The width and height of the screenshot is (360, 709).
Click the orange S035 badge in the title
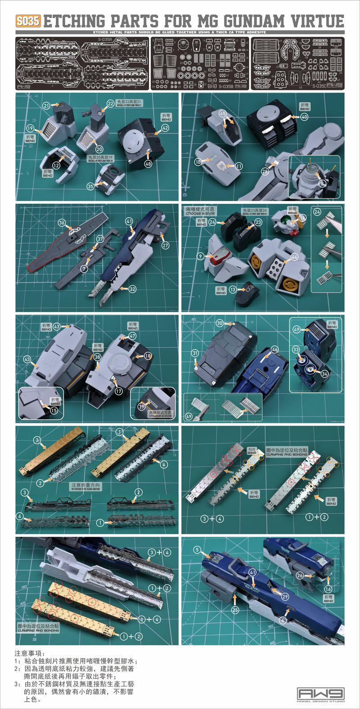pos(28,21)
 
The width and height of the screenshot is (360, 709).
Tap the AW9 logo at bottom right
pos(320,693)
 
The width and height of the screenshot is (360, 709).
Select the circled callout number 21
pos(46,105)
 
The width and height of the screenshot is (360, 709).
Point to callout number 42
pos(165,127)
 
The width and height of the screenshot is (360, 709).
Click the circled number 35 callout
pos(91,186)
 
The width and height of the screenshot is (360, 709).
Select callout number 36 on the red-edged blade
pos(62,223)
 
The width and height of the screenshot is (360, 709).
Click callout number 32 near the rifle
pos(132,289)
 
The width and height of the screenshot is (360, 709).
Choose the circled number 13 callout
pos(233,290)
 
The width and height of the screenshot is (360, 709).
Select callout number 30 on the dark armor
pos(220,323)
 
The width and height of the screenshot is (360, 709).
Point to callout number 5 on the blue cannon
pos(197,550)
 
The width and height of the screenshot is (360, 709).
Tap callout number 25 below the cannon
pos(234,610)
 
